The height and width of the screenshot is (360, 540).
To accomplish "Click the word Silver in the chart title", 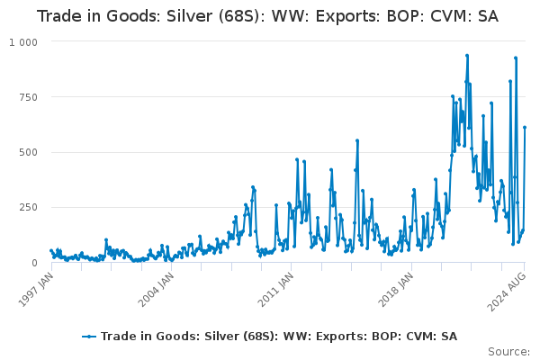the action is coord(189,16).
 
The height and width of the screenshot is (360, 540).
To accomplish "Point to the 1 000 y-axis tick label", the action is coord(23,42).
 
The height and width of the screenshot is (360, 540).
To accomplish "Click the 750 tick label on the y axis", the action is coord(28,97).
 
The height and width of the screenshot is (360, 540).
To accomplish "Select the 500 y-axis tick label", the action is coord(28,153).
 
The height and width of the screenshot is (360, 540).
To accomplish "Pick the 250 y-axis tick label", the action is coord(28,208).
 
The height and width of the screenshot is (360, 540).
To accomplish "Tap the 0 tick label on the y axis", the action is coord(34,263).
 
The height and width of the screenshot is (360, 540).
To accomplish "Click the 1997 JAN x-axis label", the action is coord(36,289).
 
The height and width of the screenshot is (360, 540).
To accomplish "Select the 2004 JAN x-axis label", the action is coord(156,289).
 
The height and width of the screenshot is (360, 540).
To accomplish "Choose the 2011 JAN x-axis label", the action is coord(276,289).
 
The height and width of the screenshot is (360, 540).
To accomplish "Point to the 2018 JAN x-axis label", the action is coord(396,289).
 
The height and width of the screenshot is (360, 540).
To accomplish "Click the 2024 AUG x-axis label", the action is coord(507,291).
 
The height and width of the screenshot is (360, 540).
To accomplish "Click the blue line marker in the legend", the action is coord(89,337).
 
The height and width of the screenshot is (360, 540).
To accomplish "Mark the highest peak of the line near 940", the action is coord(467,56).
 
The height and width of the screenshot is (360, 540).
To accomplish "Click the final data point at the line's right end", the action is coord(525,128).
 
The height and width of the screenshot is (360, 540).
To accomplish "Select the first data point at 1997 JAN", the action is coord(51,251).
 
